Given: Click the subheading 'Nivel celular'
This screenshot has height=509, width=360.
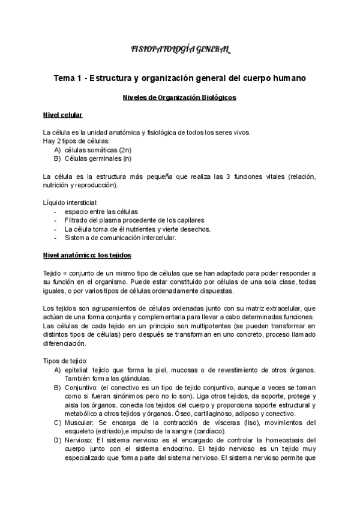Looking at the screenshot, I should point(62,115).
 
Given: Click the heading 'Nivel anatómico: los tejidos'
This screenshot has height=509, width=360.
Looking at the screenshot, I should point(86,255).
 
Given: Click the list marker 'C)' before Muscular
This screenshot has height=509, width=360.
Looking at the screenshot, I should point(57,422).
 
